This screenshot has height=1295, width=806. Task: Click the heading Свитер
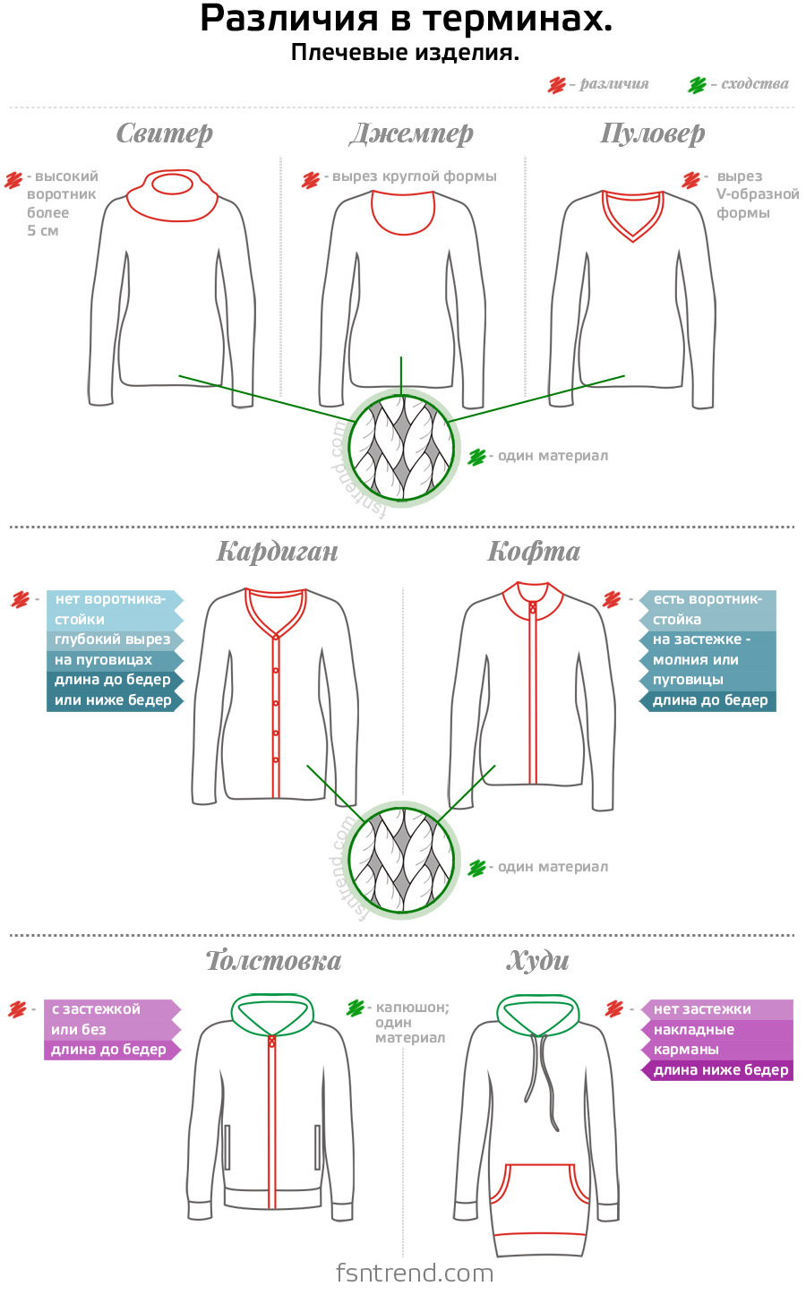coord(165,133)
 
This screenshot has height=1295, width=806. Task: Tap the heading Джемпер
coord(411,133)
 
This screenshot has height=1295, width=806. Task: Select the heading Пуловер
coord(652,133)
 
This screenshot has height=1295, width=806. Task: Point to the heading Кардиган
coord(278,551)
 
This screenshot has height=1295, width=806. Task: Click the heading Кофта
coord(534,551)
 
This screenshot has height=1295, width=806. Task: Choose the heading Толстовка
coord(274,961)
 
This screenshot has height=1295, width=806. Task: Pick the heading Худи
coord(538,961)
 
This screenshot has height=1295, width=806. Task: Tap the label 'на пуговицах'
coord(104,660)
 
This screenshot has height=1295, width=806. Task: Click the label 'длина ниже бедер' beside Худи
coord(720,1070)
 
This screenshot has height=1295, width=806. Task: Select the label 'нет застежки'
coord(702,1009)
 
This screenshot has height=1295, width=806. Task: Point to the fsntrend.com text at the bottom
coord(415,1273)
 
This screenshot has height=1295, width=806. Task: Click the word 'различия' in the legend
coord(613,84)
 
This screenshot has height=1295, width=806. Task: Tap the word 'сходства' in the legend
coord(754,84)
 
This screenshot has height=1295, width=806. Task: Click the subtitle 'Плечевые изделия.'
coord(405,53)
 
